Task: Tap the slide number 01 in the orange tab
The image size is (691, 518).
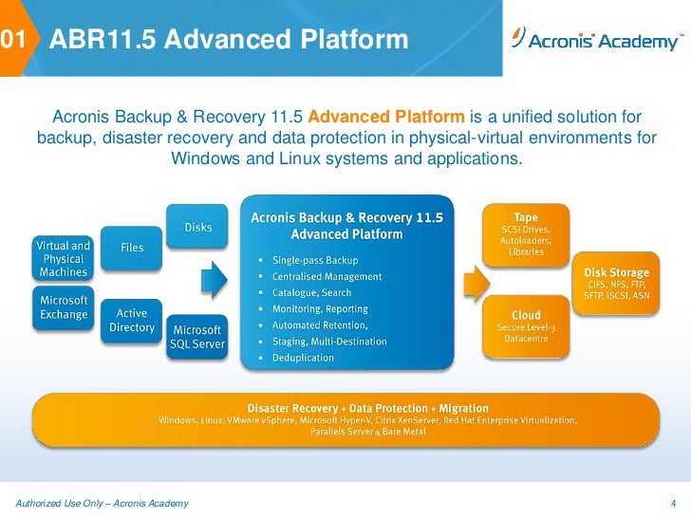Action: pos(12,40)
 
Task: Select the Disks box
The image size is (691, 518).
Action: pos(197,227)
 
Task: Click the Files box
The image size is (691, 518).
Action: pos(132,248)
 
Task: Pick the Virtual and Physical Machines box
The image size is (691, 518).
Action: pos(64,258)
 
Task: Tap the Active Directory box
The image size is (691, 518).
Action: pos(132,320)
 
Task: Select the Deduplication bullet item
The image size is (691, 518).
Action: pos(303,358)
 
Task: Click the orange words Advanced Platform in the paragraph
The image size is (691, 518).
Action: pos(386,118)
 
